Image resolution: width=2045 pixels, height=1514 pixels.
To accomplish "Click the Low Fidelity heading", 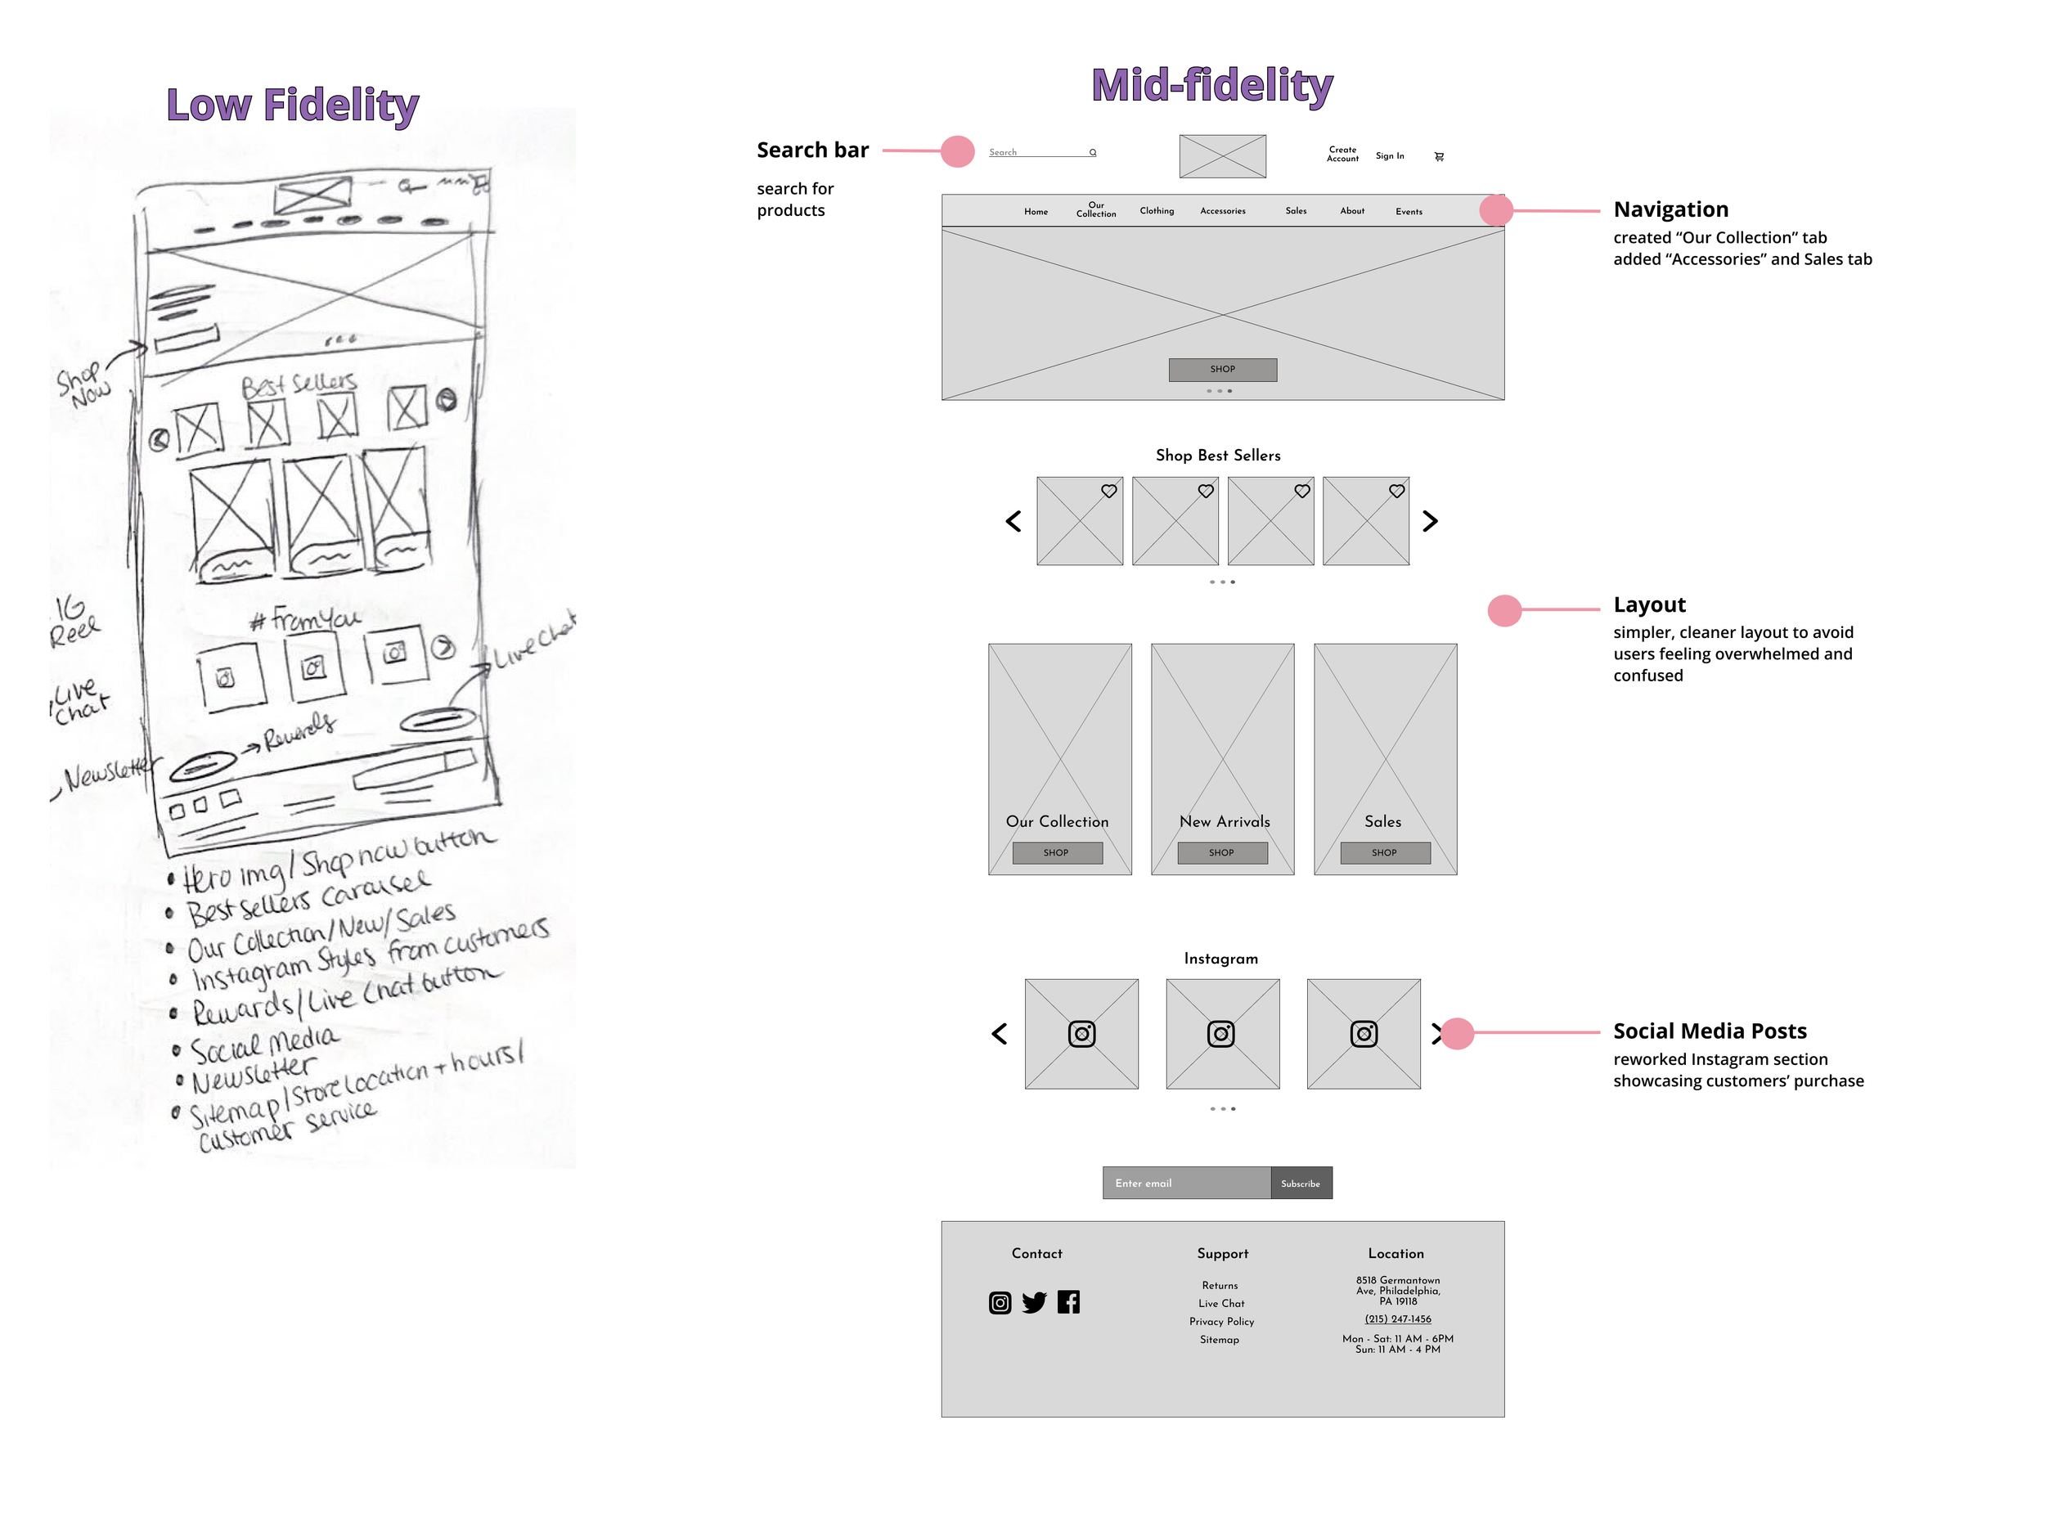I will click(x=291, y=105).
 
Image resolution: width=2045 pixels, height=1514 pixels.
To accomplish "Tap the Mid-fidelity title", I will click(x=1211, y=85).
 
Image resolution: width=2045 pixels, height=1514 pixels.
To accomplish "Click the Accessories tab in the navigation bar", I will click(x=1222, y=211).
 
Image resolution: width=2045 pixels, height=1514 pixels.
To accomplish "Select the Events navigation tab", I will click(x=1408, y=212).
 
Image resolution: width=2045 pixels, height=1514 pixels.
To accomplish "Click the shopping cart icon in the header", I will click(x=1438, y=157).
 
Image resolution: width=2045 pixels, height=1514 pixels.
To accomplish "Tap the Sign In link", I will click(x=1389, y=155).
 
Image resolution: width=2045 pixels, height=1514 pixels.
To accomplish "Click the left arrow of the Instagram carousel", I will click(x=999, y=1034).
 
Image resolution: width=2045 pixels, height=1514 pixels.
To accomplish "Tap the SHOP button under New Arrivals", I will click(x=1221, y=852).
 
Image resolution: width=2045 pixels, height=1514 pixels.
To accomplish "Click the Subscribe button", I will click(x=1300, y=1184).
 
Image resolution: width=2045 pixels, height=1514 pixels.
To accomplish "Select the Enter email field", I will click(x=1185, y=1184).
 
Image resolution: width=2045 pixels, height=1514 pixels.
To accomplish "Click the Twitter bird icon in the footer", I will click(x=1034, y=1302).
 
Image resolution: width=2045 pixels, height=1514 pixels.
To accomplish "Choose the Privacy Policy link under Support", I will click(x=1221, y=1322).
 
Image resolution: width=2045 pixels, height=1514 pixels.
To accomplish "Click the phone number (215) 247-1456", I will click(x=1397, y=1319).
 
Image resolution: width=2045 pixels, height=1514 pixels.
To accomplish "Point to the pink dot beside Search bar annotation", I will click(x=957, y=151).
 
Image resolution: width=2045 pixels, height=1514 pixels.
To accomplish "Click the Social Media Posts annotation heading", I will click(x=1709, y=1031).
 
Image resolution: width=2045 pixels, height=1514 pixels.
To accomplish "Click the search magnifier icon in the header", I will click(x=1092, y=152).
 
